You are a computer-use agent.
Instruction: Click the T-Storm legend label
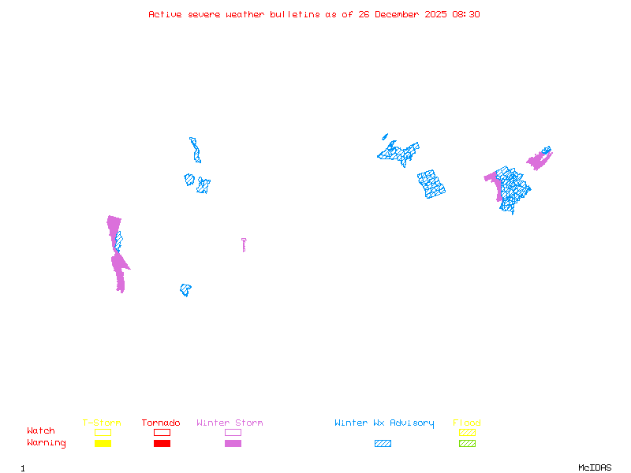tap(102, 423)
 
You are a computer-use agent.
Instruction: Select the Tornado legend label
tap(161, 423)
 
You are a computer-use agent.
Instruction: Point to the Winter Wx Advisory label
tap(384, 423)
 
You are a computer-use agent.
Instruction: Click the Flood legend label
tap(467, 423)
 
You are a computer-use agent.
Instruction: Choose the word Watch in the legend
tap(41, 431)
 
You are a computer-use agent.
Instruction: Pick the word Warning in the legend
tap(47, 443)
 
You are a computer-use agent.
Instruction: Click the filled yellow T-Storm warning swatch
tap(103, 443)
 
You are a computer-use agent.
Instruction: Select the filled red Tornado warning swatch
tap(162, 443)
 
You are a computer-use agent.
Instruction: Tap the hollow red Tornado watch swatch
tap(162, 432)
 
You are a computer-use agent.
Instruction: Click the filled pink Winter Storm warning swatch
tap(233, 443)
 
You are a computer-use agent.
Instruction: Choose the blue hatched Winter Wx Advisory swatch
tap(383, 443)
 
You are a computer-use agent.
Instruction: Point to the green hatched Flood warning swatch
tap(467, 443)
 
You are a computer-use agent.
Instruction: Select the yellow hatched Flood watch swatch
tap(467, 432)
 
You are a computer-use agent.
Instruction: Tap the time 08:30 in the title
tap(465, 14)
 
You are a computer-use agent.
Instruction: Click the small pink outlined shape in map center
tap(244, 244)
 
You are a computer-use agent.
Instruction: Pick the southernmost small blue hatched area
tap(185, 290)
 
